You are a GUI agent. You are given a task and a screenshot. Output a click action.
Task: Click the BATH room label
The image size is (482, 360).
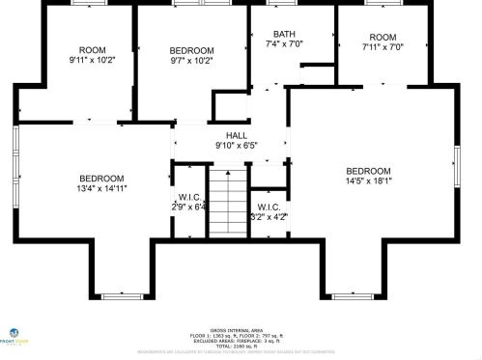(284, 34)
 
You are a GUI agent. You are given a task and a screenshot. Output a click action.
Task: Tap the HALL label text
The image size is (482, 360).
(237, 136)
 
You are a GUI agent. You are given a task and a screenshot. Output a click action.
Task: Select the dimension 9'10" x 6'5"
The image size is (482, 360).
(237, 147)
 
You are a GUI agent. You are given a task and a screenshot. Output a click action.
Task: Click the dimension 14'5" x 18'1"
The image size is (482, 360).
(368, 180)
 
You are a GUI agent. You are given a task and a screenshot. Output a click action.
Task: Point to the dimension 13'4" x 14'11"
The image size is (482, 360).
(101, 188)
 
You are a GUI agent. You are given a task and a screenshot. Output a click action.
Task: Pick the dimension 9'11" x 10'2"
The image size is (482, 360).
(92, 61)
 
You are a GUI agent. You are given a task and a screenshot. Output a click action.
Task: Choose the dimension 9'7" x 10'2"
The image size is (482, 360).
(191, 61)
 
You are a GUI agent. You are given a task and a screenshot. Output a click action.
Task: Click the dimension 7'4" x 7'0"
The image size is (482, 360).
(284, 44)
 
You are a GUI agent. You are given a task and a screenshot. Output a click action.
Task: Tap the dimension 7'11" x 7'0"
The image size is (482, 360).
(383, 46)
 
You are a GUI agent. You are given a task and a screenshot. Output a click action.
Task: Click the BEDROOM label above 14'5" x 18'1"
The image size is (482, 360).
(368, 171)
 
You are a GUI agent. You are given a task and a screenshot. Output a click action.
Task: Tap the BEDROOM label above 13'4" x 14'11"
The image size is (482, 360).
(101, 178)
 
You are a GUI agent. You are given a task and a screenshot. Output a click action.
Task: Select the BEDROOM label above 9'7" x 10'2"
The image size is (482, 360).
(191, 50)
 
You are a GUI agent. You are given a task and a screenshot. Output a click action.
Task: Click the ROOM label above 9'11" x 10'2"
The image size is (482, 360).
(92, 50)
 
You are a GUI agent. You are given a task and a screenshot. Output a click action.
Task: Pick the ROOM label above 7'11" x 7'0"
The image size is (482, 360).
(383, 37)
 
